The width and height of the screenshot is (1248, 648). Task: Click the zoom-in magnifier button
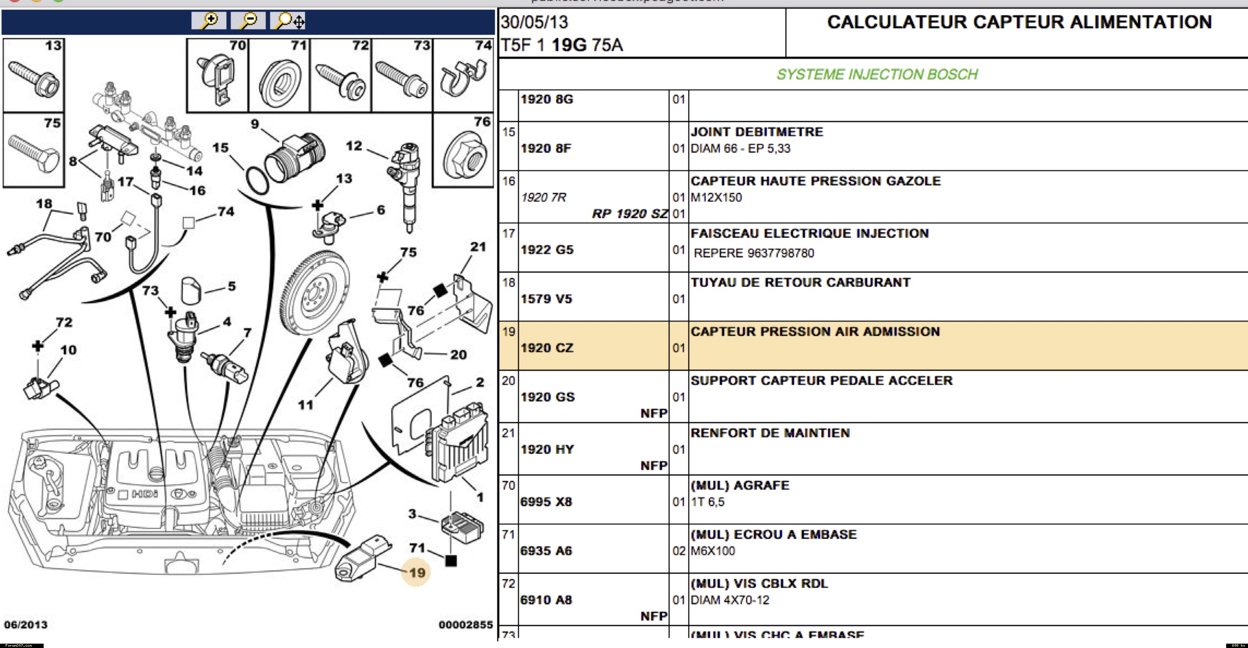tap(209, 21)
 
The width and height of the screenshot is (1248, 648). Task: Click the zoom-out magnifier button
tap(248, 21)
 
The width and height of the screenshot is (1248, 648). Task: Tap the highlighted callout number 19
tap(417, 573)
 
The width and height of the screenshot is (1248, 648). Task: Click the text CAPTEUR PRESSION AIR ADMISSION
tap(815, 332)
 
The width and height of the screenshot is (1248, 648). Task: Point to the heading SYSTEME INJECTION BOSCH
tap(877, 74)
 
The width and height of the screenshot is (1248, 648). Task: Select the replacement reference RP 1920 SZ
tap(629, 213)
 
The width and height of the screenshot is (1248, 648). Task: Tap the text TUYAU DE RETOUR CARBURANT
tap(800, 282)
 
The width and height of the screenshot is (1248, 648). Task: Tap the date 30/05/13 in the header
tap(534, 22)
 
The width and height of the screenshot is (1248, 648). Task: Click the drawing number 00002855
tap(465, 625)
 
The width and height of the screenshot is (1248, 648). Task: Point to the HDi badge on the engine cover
tap(145, 494)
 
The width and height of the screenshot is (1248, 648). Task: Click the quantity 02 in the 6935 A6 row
tap(678, 551)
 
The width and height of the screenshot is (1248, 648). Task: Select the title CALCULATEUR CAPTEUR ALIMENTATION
tap(1019, 22)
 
